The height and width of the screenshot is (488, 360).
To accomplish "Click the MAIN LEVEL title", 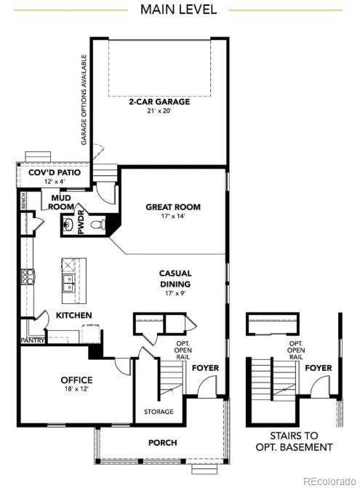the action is [x=178, y=9].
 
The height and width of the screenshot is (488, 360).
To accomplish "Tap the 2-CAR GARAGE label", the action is [x=159, y=102].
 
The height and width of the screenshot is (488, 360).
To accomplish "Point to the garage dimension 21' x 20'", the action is [x=159, y=111].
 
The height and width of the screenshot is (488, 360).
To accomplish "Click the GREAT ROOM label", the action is [x=173, y=207].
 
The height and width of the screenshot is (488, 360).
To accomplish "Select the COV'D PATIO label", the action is [x=55, y=172].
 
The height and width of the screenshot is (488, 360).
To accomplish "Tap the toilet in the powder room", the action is [x=98, y=224].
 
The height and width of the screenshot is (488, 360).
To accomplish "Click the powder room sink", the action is [x=68, y=224].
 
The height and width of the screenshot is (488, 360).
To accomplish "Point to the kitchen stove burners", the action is [x=27, y=276].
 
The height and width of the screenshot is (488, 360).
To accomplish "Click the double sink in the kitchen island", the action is [x=68, y=283].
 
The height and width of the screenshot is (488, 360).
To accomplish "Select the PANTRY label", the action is [x=32, y=340].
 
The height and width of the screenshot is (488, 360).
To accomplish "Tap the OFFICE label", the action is [x=76, y=380].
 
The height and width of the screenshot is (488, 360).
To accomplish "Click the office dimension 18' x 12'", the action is [x=76, y=388].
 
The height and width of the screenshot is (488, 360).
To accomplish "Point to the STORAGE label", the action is [x=159, y=412].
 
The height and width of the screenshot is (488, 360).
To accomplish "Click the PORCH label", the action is [x=163, y=443].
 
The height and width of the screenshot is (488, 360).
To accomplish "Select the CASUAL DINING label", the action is [x=175, y=279].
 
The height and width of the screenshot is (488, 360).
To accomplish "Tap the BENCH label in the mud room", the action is [x=24, y=201].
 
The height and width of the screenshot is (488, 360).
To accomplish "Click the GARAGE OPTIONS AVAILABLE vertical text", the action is [x=84, y=100].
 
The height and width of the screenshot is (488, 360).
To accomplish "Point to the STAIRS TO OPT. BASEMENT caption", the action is [x=294, y=441].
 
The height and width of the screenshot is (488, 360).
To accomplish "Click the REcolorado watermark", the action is [x=330, y=481].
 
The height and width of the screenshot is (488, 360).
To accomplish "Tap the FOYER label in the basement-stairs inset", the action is [x=319, y=368].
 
